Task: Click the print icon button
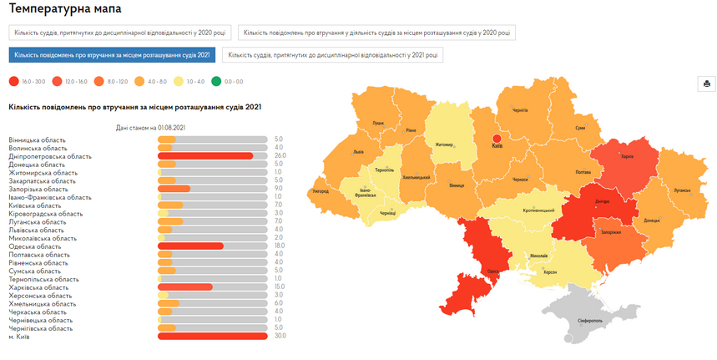click(x=706, y=84)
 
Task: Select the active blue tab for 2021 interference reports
click(x=112, y=55)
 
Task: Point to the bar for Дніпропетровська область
click(x=205, y=156)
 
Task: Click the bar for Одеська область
click(x=190, y=246)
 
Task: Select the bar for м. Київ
click(x=212, y=337)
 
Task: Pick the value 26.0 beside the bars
click(x=280, y=156)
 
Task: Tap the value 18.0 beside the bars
click(x=280, y=246)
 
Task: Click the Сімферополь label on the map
click(x=589, y=320)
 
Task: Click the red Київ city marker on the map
click(x=495, y=139)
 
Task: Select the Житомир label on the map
click(x=442, y=145)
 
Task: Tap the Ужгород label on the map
click(x=321, y=191)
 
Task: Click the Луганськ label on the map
click(x=682, y=190)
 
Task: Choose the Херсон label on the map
click(x=549, y=272)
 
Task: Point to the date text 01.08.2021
click(x=167, y=128)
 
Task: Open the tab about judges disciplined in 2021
click(x=333, y=55)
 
